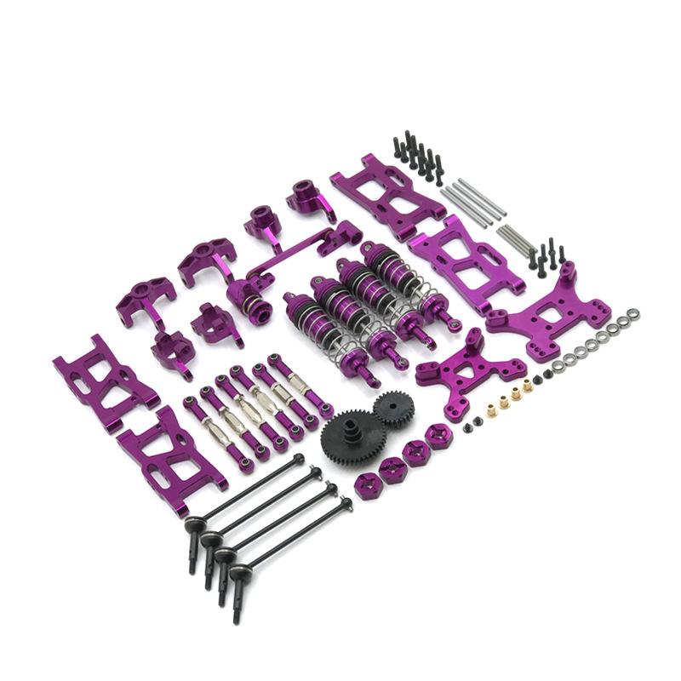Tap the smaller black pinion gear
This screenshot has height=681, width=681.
393,409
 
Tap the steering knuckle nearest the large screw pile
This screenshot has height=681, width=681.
311,200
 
